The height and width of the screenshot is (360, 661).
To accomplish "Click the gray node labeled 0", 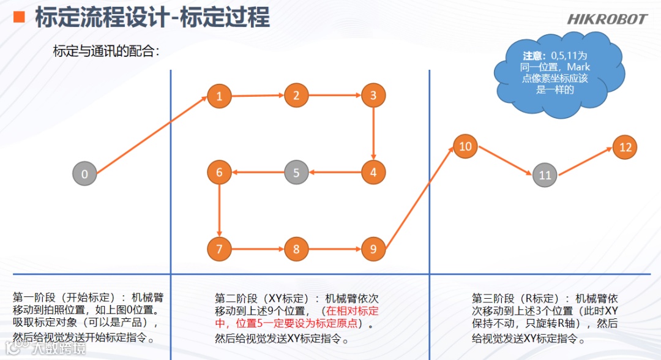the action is (84, 173).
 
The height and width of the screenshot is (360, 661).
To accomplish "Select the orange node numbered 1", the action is (219, 96).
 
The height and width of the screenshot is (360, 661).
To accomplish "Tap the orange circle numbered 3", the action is (373, 96).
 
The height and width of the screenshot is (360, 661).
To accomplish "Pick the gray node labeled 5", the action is (296, 173).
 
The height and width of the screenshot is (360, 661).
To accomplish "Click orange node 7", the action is (219, 249).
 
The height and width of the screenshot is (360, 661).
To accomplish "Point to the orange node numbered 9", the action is (373, 249).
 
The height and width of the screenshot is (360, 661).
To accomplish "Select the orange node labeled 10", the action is (465, 146).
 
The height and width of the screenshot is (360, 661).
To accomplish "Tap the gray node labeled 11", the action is (545, 175).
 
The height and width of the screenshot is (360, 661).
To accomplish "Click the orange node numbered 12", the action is (625, 147).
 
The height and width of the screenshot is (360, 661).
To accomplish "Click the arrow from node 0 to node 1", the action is (152, 135).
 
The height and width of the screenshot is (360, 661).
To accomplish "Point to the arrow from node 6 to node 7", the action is (219, 211).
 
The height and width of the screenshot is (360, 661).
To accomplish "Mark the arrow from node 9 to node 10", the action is (419, 198).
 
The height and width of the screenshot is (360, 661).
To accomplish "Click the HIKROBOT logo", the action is (607, 19).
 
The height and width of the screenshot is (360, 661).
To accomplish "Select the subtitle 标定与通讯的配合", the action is (106, 51).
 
